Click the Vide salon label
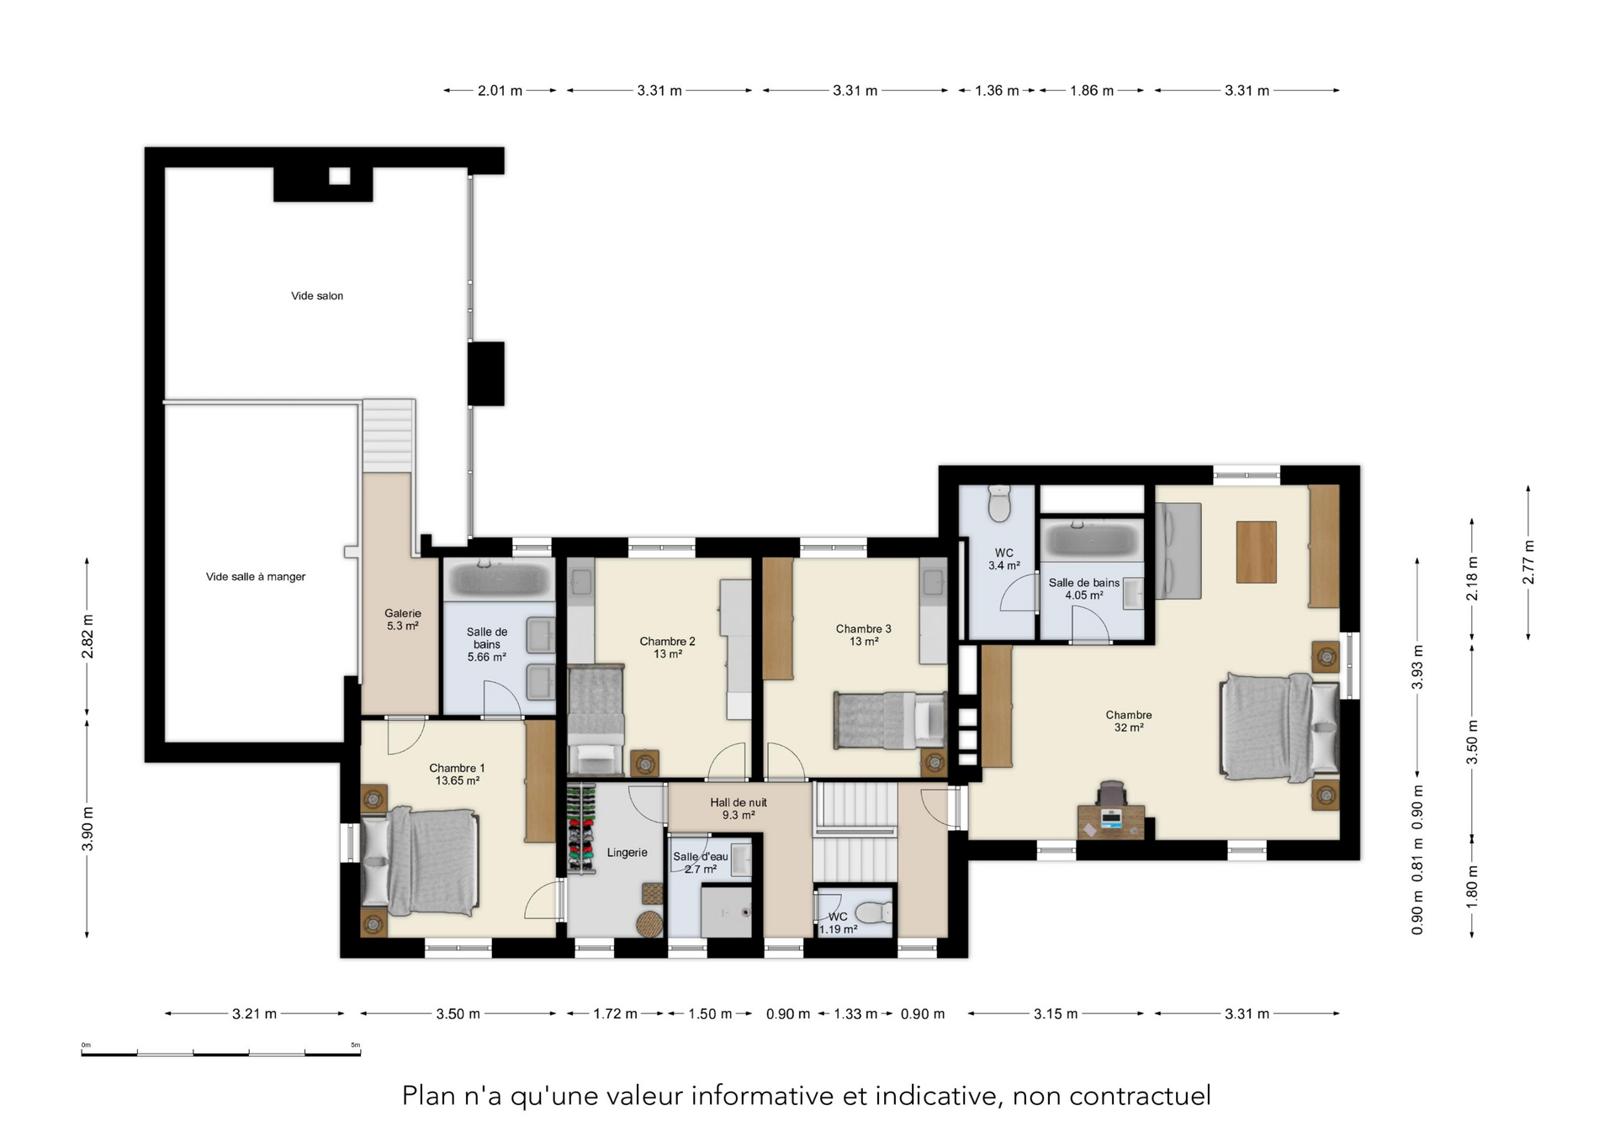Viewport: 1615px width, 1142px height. pos(317,296)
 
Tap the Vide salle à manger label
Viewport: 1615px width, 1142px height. pos(256,577)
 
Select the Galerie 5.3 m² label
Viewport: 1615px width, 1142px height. pos(403,620)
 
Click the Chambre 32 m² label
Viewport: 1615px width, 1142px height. pos(1129,722)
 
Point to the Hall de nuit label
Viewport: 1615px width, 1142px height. pos(739,802)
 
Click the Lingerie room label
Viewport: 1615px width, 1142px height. pos(627,853)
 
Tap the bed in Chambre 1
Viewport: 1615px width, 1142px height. pos(420,862)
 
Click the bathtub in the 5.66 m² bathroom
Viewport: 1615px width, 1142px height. pos(499,579)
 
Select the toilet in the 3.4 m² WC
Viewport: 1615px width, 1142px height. pos(999,503)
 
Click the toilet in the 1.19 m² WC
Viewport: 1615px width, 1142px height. pos(873,912)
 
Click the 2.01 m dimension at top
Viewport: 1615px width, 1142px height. pos(500,91)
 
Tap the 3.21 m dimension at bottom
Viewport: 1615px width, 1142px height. pos(255,1014)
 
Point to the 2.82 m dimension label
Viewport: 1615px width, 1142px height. pos(87,637)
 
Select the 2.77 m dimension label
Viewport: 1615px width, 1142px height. pos(1528,563)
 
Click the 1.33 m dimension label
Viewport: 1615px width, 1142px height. pos(855,1014)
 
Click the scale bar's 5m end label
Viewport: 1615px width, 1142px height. pos(356,1045)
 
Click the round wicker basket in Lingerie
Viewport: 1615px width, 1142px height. pos(649,923)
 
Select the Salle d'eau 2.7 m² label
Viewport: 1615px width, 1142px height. pos(701,863)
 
